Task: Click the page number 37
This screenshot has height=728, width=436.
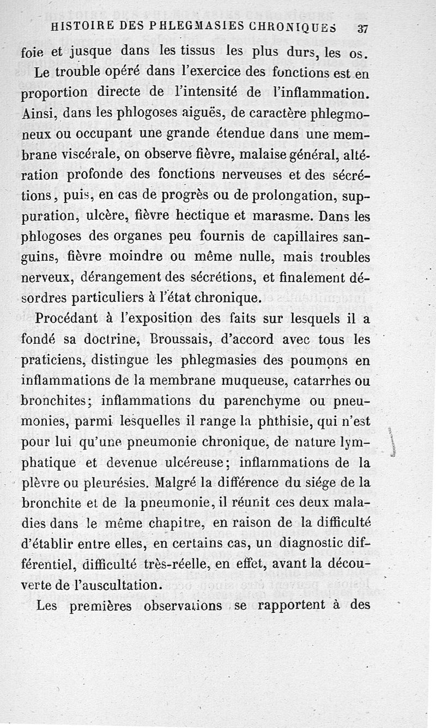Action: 362,29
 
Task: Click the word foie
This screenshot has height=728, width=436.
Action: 33,54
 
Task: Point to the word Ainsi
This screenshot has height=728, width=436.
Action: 39,115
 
